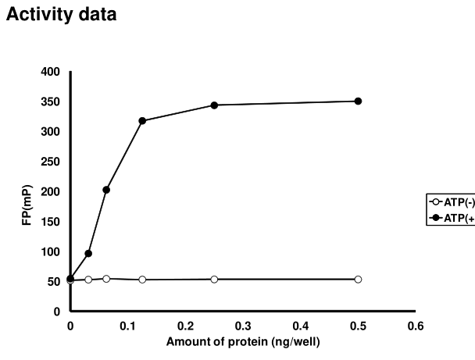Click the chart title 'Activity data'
(61, 15)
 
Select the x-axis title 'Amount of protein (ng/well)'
(243, 342)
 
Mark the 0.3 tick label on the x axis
(243, 326)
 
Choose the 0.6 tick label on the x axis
(416, 326)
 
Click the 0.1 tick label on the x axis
(128, 326)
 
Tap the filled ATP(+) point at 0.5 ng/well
(358, 101)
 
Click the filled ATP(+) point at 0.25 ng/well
(214, 105)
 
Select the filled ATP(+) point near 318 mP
(142, 120)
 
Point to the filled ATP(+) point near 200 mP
(106, 190)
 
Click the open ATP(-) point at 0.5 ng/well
(358, 279)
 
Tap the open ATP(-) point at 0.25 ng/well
(214, 279)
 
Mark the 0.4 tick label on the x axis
(301, 326)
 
